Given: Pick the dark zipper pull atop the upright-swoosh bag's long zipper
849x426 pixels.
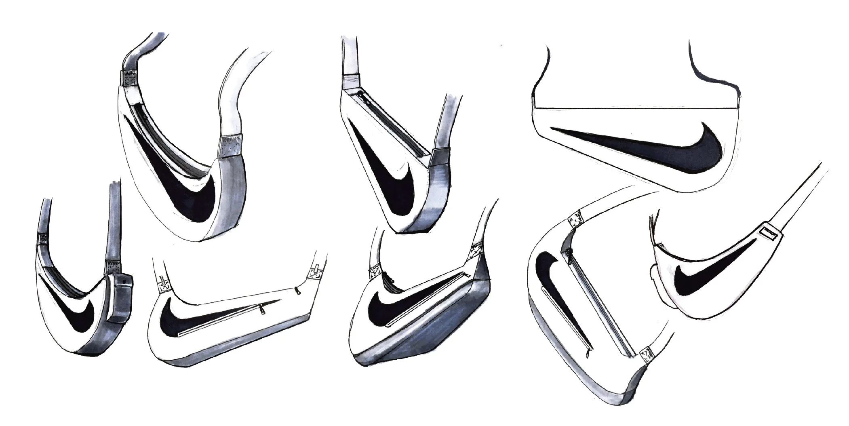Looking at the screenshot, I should (570, 253).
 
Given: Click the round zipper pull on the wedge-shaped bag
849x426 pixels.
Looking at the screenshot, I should (360, 94).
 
